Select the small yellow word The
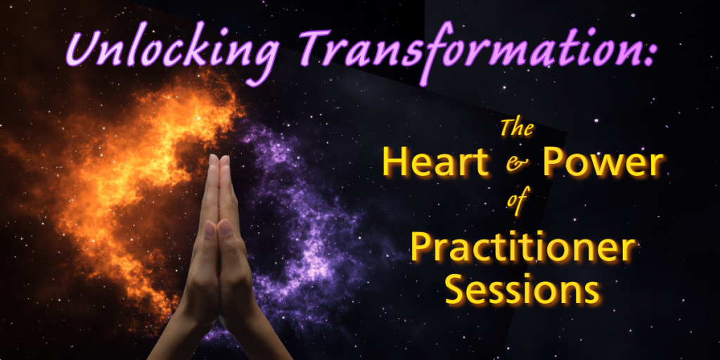517,128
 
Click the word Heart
436,163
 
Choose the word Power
603,165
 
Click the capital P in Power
554,163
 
